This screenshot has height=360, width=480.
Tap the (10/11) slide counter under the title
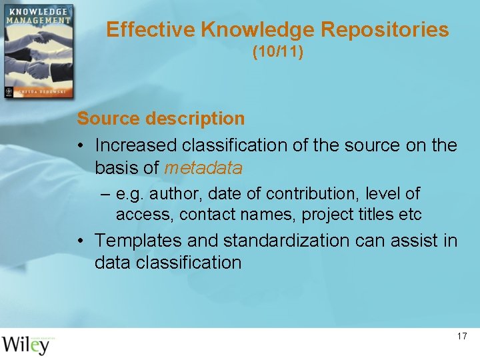pos(277,52)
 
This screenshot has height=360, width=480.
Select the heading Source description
pos(161,119)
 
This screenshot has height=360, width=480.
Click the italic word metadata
pos(203,168)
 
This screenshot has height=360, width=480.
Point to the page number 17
pos(462,336)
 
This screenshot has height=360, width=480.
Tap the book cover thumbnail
pos(37,52)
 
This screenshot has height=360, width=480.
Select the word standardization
pos(286,240)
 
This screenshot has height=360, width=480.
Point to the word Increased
pos(136,145)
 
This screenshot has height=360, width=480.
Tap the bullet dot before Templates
pos(79,240)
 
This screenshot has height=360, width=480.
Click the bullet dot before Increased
pos(79,145)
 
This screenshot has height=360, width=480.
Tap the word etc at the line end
pos(411,215)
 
